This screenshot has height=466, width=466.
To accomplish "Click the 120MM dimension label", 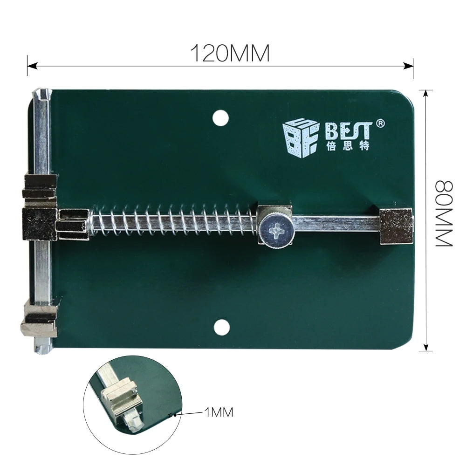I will pos(230,54).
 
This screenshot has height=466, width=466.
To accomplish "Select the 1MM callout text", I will pos(218,412).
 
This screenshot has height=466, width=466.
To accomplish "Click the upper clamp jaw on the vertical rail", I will pos(40,184).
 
